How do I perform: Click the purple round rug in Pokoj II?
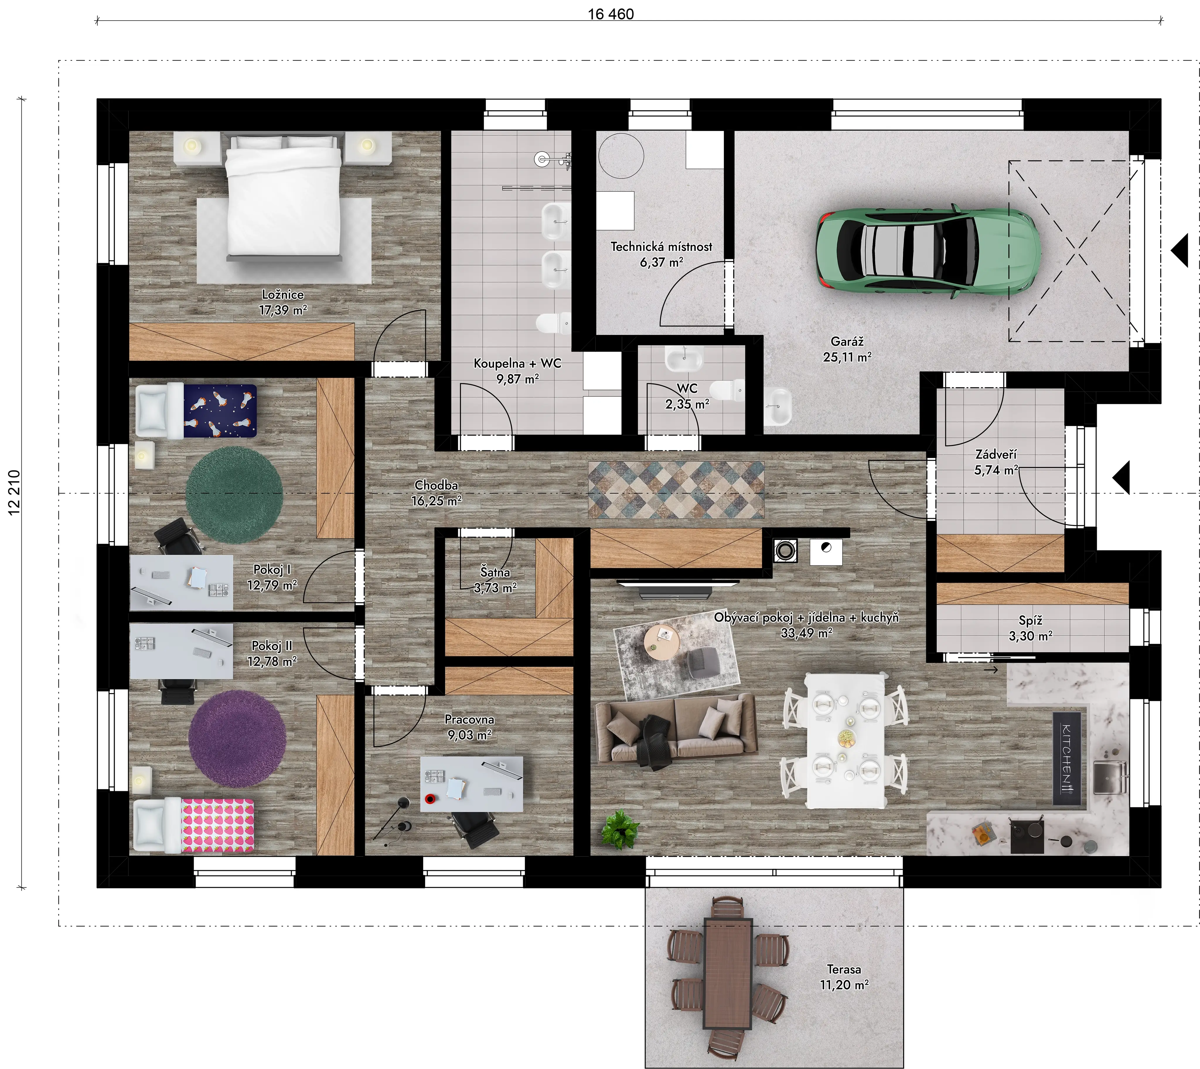pos(237,738)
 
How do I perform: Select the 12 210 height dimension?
pos(14,492)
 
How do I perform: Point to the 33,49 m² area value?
pos(806,633)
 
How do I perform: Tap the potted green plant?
pos(619,828)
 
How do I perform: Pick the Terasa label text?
pos(844,969)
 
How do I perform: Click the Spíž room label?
pos(1031,620)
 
